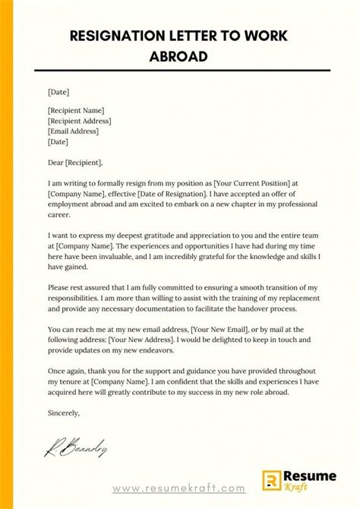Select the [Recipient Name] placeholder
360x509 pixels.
click(x=77, y=110)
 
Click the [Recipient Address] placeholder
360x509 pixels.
click(x=80, y=121)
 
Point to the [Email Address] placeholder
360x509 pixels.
click(x=74, y=131)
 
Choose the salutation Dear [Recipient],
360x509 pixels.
click(x=74, y=162)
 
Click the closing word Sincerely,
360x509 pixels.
click(x=64, y=414)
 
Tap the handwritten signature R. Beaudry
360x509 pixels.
click(x=74, y=450)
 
